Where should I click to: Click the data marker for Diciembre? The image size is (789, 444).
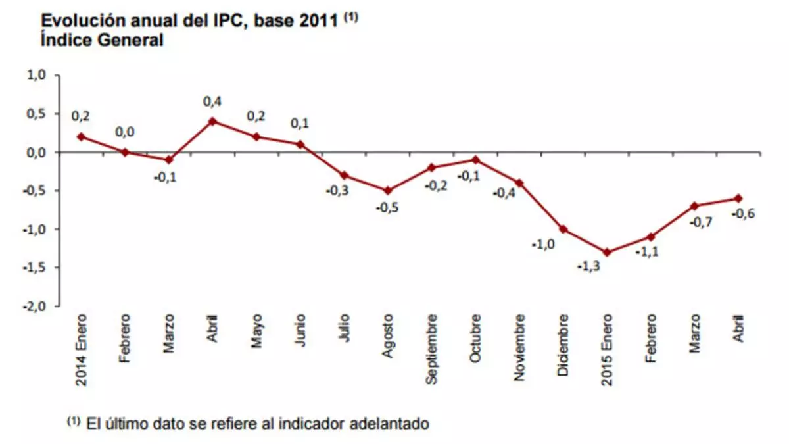(x=563, y=229)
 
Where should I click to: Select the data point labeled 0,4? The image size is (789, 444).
(x=212, y=121)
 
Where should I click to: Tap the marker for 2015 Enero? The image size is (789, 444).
(x=607, y=252)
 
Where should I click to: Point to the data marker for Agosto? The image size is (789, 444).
(x=387, y=191)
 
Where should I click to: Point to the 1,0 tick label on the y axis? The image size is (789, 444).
(x=36, y=75)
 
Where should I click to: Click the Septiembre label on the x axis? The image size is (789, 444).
(x=431, y=349)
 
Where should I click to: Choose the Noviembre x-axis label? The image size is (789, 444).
(x=519, y=348)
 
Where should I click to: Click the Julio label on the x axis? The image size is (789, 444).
(x=344, y=330)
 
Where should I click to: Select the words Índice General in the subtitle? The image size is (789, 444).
(x=102, y=41)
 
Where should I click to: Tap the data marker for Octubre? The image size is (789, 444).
(x=475, y=160)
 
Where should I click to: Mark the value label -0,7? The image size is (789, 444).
(x=700, y=222)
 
